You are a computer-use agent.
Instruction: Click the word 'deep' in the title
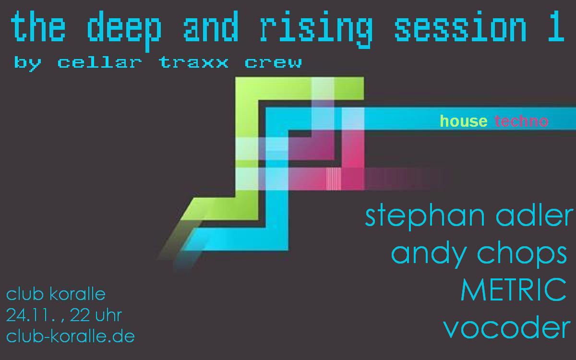124,31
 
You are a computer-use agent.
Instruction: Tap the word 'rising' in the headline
316,30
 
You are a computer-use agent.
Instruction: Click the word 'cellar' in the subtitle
100,62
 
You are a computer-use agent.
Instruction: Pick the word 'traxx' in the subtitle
193,63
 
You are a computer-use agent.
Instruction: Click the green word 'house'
464,121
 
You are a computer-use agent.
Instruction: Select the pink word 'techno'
521,121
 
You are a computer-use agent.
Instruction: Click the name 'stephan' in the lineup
425,216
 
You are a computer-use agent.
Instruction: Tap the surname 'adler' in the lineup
534,215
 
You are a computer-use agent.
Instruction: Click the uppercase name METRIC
513,289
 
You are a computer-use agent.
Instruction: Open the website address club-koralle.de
70,336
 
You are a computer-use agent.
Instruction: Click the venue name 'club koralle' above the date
56,294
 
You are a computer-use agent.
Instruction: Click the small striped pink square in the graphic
334,179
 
